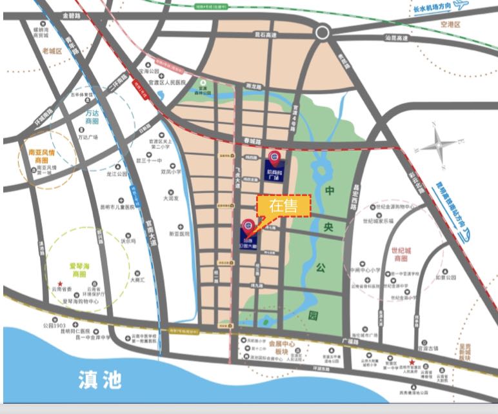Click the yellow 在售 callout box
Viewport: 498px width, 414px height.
284,206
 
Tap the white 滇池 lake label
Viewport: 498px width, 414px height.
98,378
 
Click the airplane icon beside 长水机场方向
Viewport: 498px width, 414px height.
459,6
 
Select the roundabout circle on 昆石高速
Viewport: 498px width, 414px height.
322,34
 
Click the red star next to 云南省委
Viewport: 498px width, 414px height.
59,284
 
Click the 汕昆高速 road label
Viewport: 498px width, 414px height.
396,38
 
